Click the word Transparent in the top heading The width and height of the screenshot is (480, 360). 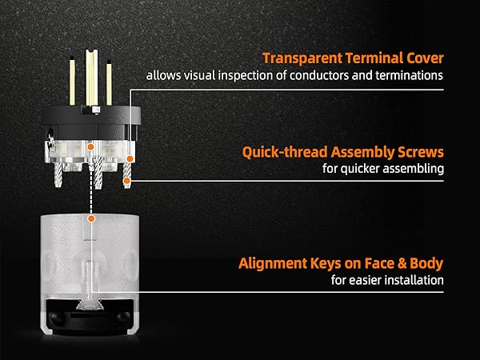[302, 58]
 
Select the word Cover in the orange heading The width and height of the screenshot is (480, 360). [426, 58]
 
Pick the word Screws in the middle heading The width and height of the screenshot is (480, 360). [421, 152]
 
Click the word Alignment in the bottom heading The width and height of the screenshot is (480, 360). [272, 263]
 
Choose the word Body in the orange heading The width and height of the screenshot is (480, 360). [426, 264]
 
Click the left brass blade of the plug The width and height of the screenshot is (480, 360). [72, 81]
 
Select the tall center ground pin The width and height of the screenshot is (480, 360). [91, 78]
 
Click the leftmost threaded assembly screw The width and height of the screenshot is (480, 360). [58, 174]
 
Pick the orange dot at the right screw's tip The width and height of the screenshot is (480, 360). [126, 182]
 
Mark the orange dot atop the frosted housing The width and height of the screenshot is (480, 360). [91, 218]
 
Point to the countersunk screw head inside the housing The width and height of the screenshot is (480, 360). [89, 304]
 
